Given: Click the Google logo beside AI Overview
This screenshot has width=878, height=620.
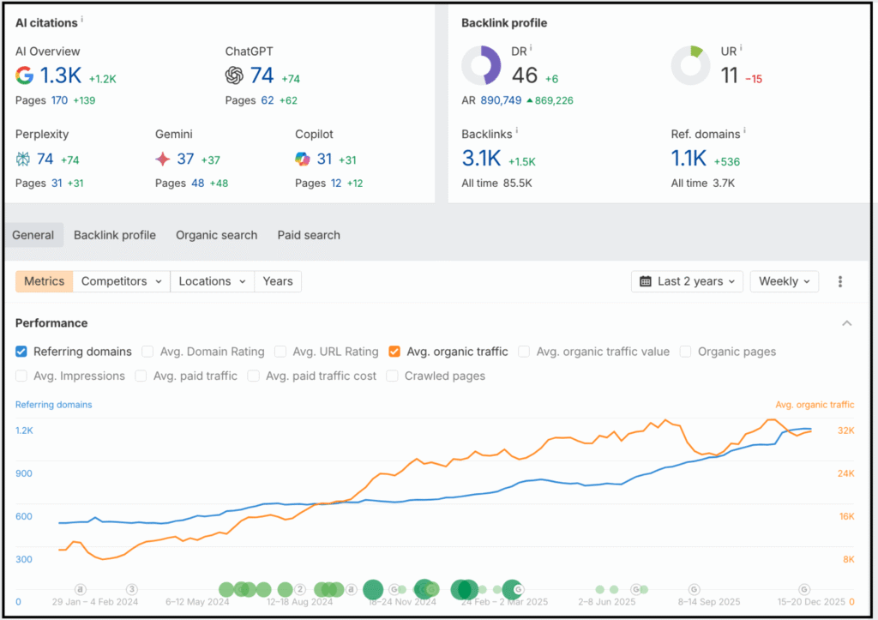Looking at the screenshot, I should point(25,75).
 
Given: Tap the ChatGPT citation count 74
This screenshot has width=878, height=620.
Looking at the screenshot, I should point(262,75).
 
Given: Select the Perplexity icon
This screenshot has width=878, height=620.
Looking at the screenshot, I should point(24,159).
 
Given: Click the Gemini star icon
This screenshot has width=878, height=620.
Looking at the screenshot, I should point(163,159).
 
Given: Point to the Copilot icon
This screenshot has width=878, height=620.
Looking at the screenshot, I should point(302,159).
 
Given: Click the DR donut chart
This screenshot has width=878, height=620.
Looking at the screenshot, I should point(481,66).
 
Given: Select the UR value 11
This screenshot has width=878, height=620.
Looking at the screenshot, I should point(730,76).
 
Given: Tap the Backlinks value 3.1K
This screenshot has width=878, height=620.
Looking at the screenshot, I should point(481,159).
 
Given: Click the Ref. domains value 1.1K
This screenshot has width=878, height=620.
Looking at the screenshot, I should point(689,159).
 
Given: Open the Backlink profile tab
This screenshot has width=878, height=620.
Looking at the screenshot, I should point(115,235).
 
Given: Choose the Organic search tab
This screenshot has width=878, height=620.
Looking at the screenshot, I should point(216,235).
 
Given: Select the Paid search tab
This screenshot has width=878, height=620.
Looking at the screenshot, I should point(309,235).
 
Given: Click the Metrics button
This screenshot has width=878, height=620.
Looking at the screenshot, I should point(44,281).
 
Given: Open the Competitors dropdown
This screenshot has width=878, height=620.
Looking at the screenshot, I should point(121,281).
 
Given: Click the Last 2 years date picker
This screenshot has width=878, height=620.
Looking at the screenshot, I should point(687,281).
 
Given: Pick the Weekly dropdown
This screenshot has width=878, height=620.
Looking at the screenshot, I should point(784,281).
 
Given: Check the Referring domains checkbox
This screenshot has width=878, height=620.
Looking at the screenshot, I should point(21,352).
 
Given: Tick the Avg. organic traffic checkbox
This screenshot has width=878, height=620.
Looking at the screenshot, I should point(394,352).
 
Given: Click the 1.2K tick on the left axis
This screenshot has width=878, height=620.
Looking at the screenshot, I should point(24,430).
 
